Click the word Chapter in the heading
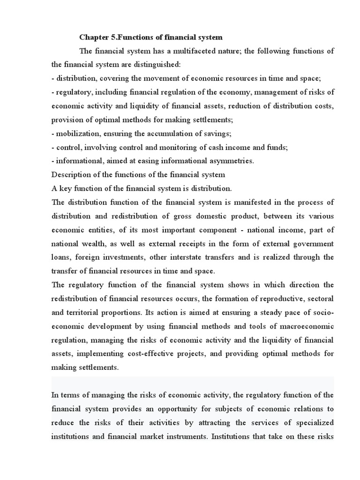[x=93, y=37]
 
